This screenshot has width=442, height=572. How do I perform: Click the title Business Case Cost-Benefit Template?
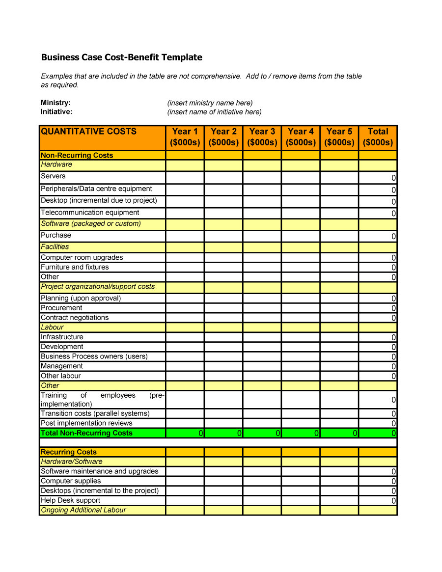coord(121,57)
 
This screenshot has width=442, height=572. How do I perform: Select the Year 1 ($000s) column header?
coord(185,137)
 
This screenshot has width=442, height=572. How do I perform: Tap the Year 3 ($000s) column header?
coord(262,137)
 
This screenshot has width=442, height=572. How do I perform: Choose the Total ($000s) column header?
coord(378,137)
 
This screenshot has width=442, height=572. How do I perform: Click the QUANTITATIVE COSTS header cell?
coord(89,132)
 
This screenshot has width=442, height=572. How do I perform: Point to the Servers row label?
coord(53,176)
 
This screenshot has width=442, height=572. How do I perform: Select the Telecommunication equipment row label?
coord(90,213)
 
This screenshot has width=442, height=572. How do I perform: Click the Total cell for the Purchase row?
coord(378,236)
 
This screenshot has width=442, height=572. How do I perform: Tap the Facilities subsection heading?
coord(55,247)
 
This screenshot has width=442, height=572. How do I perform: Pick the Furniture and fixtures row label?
coord(75,267)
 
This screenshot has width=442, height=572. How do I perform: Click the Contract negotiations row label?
coord(75,318)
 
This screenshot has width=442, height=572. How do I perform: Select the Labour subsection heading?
coord(52,327)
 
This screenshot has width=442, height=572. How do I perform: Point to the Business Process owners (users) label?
coord(94,356)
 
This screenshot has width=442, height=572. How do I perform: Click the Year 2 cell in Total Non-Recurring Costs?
coord(223,433)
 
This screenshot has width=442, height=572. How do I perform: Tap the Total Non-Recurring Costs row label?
coord(86,433)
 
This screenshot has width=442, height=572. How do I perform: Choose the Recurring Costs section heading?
coord(69,452)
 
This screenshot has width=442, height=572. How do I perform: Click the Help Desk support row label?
coord(70,500)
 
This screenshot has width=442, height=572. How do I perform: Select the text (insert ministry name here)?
coord(210,103)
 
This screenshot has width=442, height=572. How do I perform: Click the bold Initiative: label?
coord(56,112)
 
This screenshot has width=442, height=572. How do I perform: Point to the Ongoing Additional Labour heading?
coord(83,510)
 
